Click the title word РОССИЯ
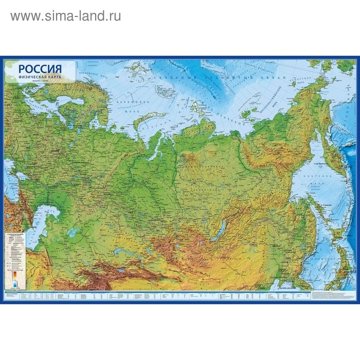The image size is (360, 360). point(40,68)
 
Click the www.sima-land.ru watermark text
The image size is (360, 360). point(66,16)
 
